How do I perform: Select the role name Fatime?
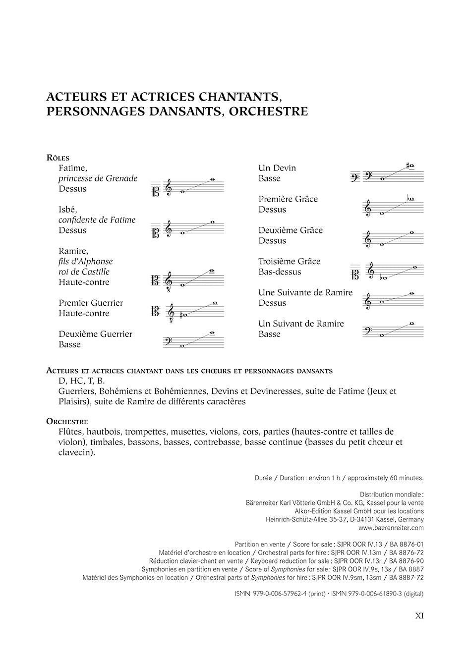(x=72, y=168)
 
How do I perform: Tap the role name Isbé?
(x=67, y=210)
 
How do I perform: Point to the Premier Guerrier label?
(x=91, y=303)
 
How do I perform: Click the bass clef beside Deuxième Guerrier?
(x=168, y=342)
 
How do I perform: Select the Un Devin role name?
(x=277, y=168)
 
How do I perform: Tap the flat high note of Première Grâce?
(x=410, y=199)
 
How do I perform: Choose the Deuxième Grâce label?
(x=290, y=230)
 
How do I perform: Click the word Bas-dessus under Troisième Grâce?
(x=280, y=272)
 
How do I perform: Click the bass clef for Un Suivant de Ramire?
(x=368, y=331)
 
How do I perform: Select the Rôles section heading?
(x=58, y=158)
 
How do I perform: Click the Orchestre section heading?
(x=67, y=421)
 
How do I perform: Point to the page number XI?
(x=419, y=616)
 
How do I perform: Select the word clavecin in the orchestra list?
(x=76, y=452)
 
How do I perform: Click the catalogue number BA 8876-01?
(x=407, y=544)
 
